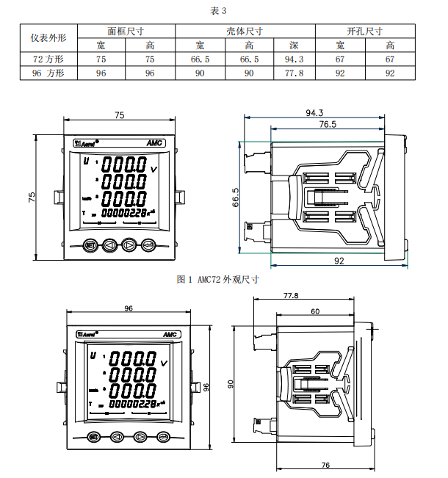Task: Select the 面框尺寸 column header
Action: point(126,32)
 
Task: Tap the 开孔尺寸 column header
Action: point(364,32)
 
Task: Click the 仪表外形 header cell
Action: point(48,37)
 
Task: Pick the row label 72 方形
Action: point(48,59)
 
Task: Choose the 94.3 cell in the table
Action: point(295,59)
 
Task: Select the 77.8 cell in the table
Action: point(295,73)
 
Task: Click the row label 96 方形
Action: point(48,73)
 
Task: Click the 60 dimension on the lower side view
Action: point(315,312)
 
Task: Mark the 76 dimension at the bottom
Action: point(325,465)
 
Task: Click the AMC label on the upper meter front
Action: point(154,143)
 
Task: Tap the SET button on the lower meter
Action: point(93,437)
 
